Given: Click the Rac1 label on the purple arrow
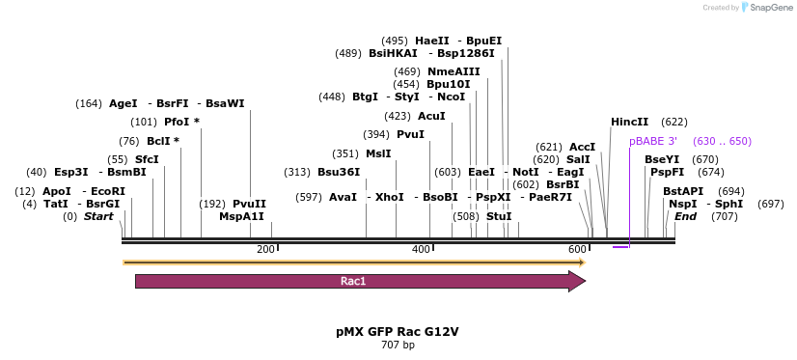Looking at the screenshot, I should (353, 282).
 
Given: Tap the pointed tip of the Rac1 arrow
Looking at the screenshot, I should (584, 282).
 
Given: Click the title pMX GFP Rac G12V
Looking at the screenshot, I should (398, 331).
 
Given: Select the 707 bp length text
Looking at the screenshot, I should (398, 345).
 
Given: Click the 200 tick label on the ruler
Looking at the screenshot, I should (265, 250).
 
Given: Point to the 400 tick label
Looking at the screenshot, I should (421, 250).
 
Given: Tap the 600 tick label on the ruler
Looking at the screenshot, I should (576, 250).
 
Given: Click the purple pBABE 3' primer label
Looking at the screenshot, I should (653, 141).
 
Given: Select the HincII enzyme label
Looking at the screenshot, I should (630, 123).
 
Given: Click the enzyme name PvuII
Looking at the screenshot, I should (249, 204).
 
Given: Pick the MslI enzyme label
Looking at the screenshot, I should (378, 153).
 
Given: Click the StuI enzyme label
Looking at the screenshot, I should (499, 216).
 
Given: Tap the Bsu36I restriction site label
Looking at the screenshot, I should (339, 172).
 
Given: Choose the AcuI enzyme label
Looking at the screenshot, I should (431, 116).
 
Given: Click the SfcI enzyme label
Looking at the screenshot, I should (147, 159).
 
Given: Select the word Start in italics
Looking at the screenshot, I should (98, 216).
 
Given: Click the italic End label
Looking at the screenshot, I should (685, 216).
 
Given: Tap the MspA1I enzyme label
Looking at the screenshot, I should (241, 216).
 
